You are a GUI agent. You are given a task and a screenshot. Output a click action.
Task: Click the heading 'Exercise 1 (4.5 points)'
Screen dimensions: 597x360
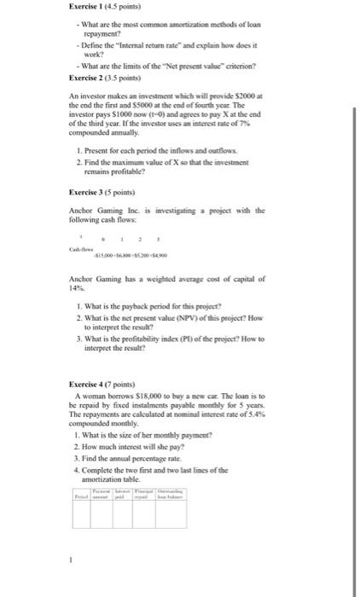point(106,8)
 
